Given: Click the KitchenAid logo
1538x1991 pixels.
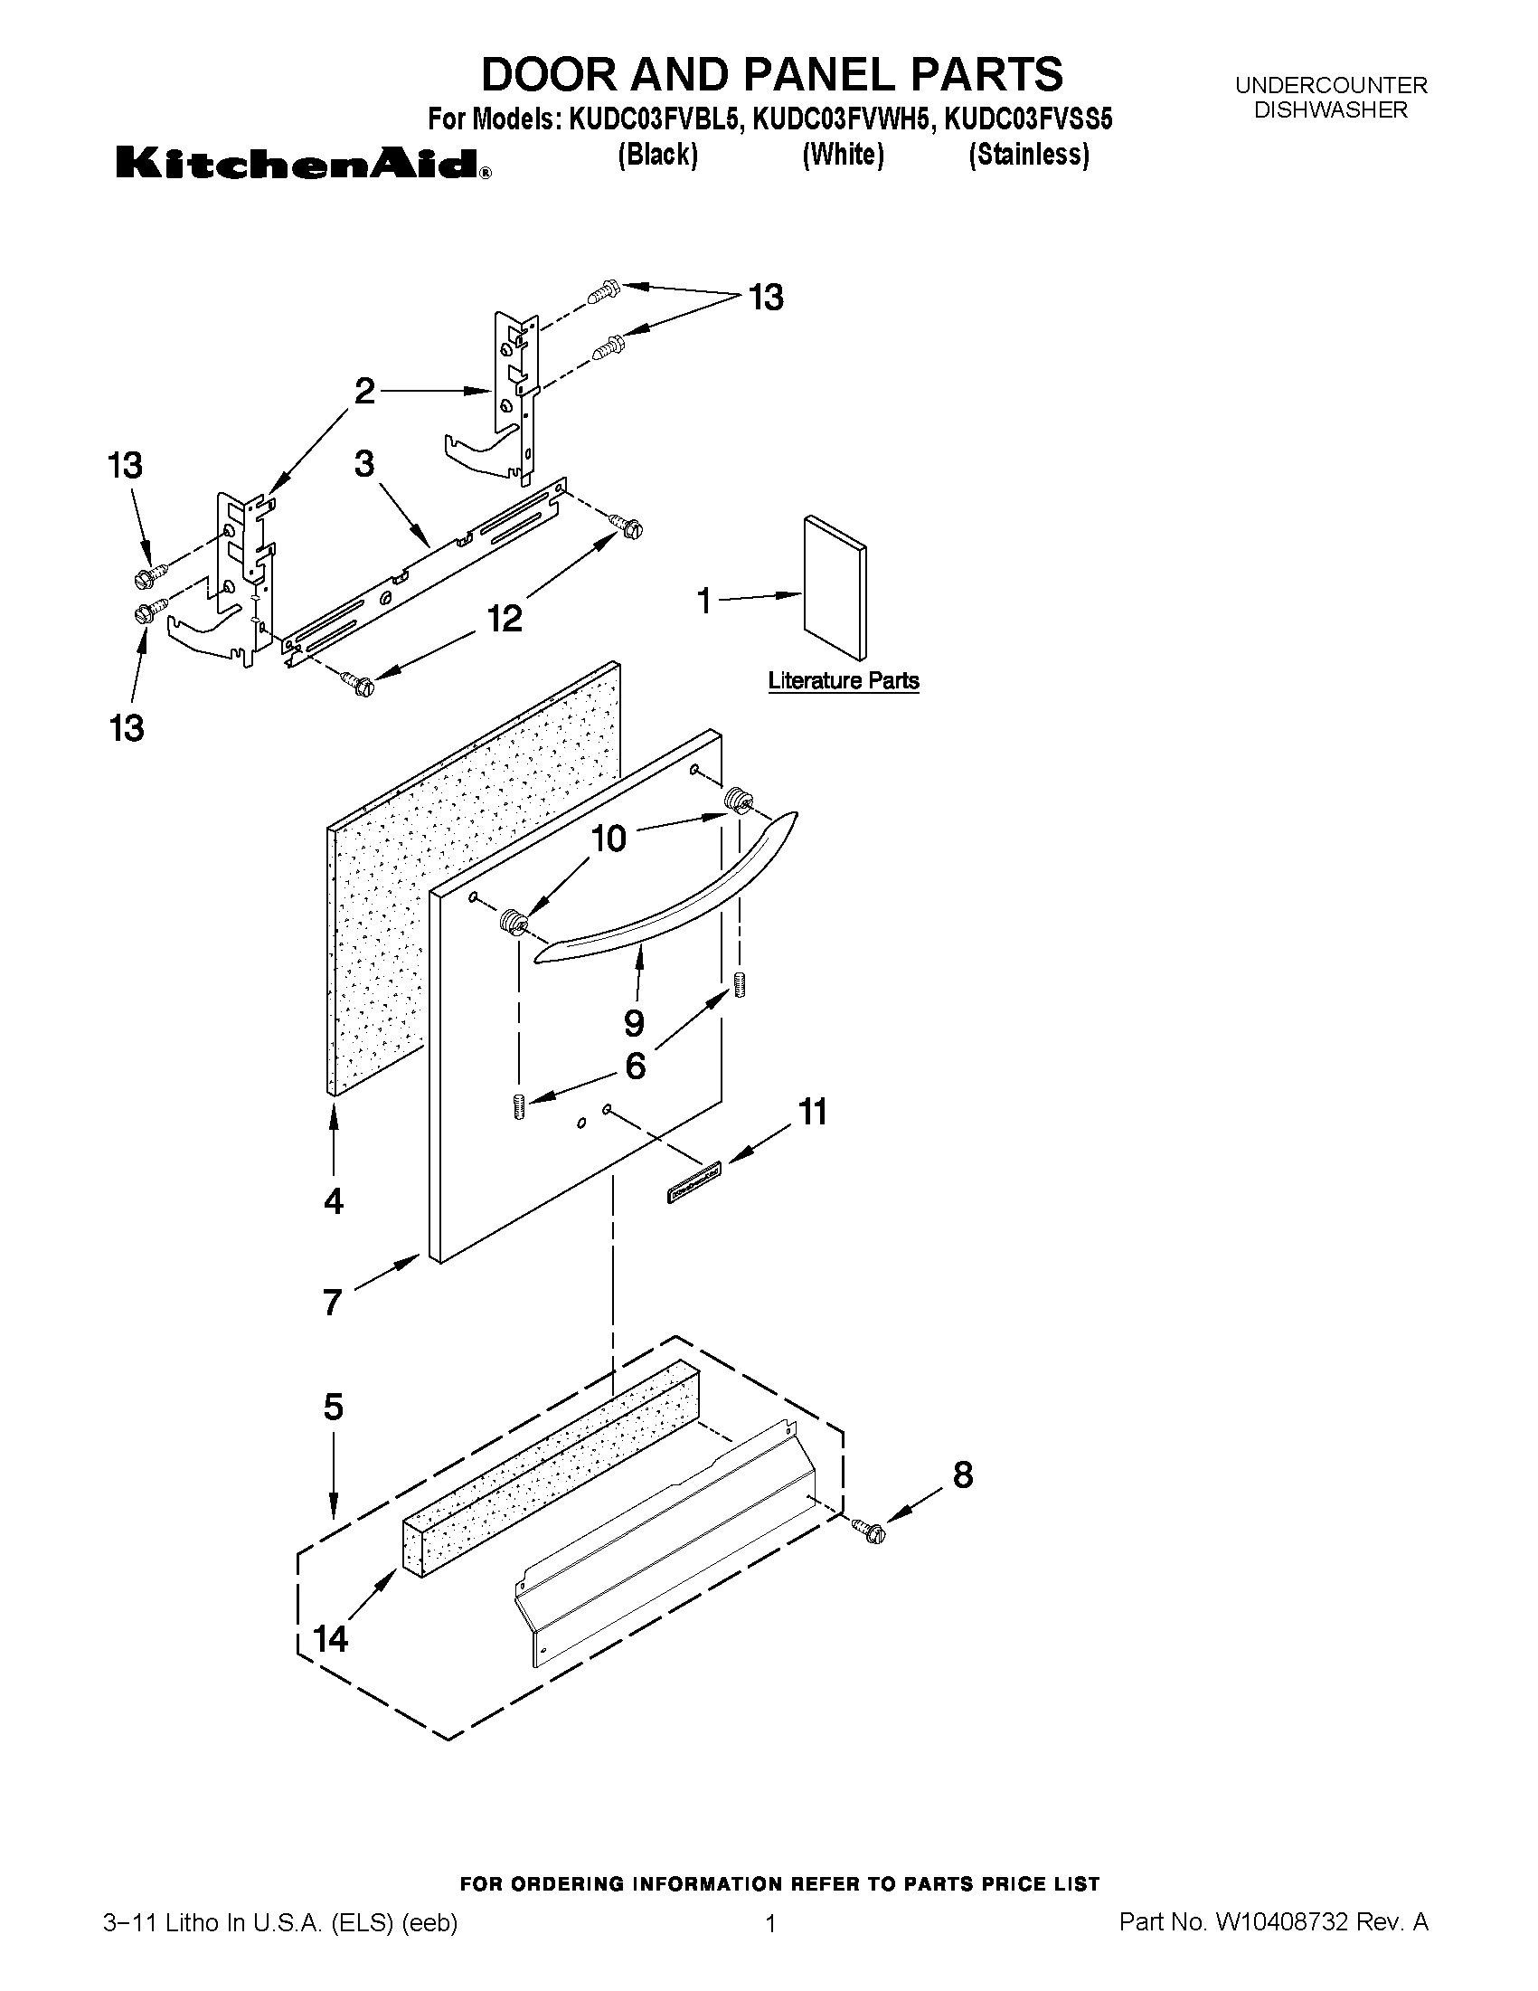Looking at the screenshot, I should pyautogui.click(x=302, y=165).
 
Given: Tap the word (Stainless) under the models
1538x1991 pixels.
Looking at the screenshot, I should pyautogui.click(x=1029, y=155).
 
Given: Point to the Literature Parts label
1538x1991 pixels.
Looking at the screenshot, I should pyautogui.click(x=843, y=681).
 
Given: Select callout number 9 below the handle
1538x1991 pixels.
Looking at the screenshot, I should pyautogui.click(x=633, y=1023).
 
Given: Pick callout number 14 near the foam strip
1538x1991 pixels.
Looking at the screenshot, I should pyautogui.click(x=331, y=1638).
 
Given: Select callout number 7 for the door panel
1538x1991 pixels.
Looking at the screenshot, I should pyautogui.click(x=333, y=1303).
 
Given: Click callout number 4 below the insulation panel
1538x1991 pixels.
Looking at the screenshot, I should pyautogui.click(x=334, y=1201).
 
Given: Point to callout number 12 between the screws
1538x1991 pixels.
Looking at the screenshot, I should pyautogui.click(x=504, y=619).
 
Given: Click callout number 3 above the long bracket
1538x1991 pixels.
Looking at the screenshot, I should pyautogui.click(x=363, y=464).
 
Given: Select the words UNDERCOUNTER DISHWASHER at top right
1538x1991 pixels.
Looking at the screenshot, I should pyautogui.click(x=1330, y=98).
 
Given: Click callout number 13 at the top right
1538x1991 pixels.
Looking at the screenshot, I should pyautogui.click(x=765, y=299).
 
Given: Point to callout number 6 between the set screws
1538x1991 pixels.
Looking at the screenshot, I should pyautogui.click(x=635, y=1066).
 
